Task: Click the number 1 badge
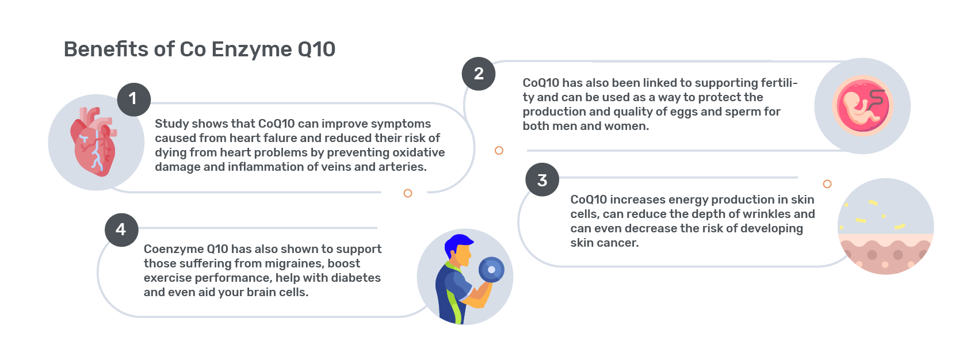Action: [x=133, y=99]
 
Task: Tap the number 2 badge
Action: [x=479, y=74]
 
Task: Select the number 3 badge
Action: [x=542, y=180]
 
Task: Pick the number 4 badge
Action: [x=121, y=230]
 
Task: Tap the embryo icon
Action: [x=862, y=106]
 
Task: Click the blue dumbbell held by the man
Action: [x=491, y=270]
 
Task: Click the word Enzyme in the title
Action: [x=252, y=49]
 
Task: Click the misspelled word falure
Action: [x=269, y=138]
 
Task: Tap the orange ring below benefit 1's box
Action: [x=408, y=193]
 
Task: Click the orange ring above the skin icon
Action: [x=827, y=184]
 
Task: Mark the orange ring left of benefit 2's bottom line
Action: [x=499, y=151]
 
